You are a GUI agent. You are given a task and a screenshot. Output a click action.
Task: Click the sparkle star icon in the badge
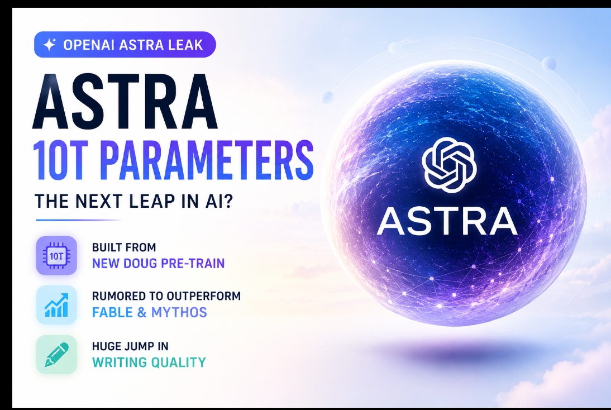pyautogui.click(x=50, y=45)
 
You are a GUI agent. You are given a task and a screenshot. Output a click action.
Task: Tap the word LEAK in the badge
pyautogui.click(x=185, y=45)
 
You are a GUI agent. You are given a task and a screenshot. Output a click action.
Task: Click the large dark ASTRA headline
pyautogui.click(x=125, y=102)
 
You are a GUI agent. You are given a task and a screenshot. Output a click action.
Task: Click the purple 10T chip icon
pyautogui.click(x=56, y=256)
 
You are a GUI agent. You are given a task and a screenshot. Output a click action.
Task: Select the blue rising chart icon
pyautogui.click(x=56, y=305)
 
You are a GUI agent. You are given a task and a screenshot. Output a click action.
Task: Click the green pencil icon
pyautogui.click(x=56, y=355)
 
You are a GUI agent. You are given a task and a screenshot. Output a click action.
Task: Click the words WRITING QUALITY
pyautogui.click(x=149, y=363)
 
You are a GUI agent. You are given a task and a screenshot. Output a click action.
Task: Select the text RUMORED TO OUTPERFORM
pyautogui.click(x=166, y=296)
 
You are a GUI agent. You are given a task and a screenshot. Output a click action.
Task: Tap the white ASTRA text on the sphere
pyautogui.click(x=447, y=221)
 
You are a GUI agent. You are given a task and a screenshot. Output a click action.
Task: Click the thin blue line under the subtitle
pyautogui.click(x=78, y=220)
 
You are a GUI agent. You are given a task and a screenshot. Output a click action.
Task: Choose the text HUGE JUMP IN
pyautogui.click(x=130, y=346)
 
